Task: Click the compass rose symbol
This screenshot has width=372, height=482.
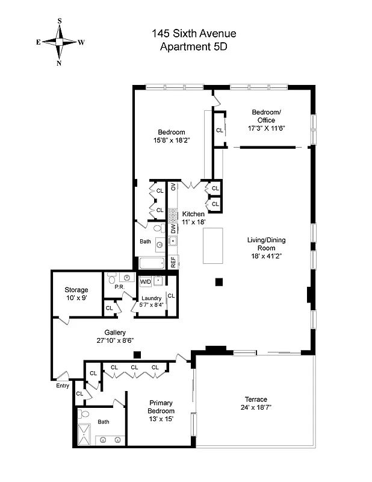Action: [60, 42]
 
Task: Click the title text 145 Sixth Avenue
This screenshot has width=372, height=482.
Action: [193, 34]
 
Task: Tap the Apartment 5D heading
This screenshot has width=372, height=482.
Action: [193, 46]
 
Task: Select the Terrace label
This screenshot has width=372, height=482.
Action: [256, 399]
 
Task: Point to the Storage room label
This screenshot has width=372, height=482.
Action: [76, 290]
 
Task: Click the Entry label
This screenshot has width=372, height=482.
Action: [63, 386]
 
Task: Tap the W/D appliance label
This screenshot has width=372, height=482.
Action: [146, 281]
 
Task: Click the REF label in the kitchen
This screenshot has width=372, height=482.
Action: [173, 262]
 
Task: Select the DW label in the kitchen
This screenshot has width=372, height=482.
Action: [173, 228]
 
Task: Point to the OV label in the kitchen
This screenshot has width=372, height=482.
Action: [173, 187]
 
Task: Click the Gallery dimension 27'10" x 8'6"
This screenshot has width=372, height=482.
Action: [114, 341]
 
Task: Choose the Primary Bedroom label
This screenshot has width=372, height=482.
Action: [161, 407]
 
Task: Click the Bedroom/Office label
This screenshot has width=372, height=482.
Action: [266, 116]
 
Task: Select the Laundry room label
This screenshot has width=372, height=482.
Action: [151, 298]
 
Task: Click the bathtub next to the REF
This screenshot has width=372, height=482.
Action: [152, 263]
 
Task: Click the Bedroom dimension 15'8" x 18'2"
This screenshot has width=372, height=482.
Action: [172, 140]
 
